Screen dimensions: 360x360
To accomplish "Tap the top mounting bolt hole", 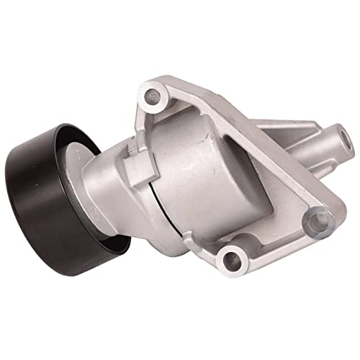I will click(x=153, y=94).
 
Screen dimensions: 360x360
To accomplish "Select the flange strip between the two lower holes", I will click(x=274, y=241).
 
